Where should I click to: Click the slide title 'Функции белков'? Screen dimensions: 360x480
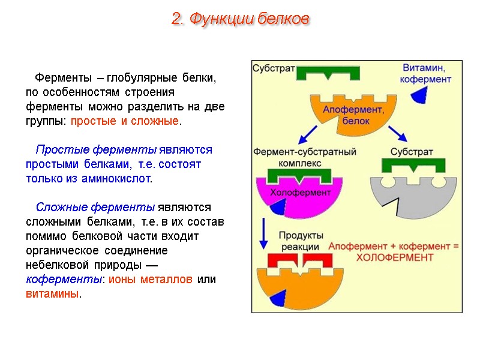coord(240,19)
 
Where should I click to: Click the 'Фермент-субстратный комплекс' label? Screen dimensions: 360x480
coord(305,157)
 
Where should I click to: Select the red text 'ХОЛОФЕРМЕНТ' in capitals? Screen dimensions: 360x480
coord(394,257)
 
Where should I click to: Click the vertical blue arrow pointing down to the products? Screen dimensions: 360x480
coord(263,234)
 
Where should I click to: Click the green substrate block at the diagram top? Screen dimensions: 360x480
coord(329,73)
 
